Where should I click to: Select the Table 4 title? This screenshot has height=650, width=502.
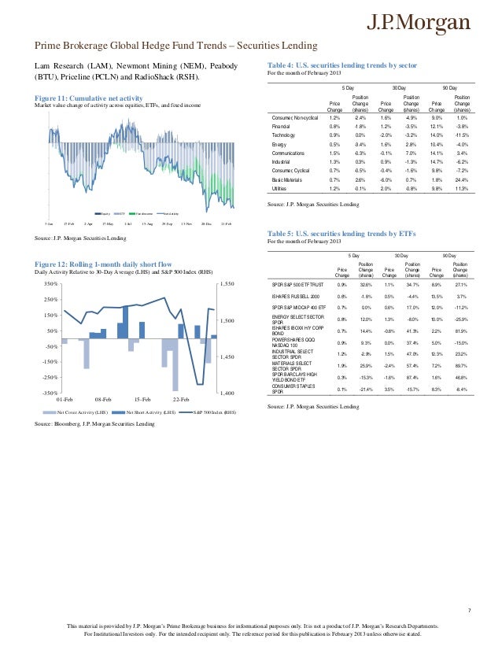(x=336, y=65)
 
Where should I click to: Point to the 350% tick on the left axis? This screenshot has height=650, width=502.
(x=49, y=283)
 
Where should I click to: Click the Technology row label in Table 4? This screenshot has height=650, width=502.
(x=279, y=135)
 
